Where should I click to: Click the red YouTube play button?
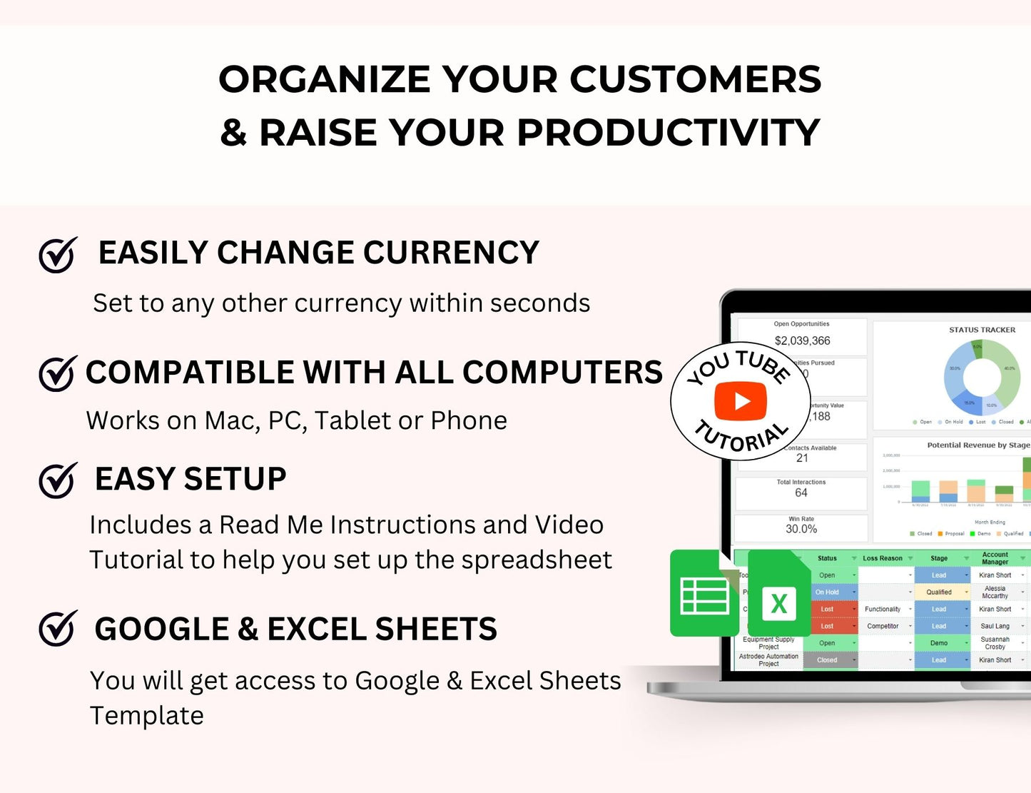click(741, 401)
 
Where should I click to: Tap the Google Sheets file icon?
click(704, 593)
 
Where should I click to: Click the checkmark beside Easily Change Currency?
click(57, 255)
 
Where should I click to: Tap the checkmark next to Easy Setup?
click(57, 480)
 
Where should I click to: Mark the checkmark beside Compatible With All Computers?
click(57, 373)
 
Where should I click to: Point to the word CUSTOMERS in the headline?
click(695, 79)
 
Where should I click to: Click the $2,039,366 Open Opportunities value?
click(802, 341)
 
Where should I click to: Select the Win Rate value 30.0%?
click(801, 529)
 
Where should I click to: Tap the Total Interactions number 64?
click(801, 493)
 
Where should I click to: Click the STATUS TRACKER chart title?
click(982, 330)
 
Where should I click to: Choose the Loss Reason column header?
click(883, 558)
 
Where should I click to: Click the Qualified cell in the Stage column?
click(939, 592)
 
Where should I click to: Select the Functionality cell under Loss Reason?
click(883, 610)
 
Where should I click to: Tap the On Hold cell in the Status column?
click(827, 592)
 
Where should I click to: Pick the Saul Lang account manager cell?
click(995, 626)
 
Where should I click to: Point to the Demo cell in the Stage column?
click(939, 643)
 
